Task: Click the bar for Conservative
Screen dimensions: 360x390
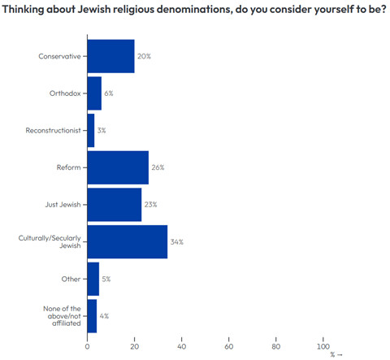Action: pos(110,56)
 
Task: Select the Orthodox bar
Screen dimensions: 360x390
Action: pos(94,93)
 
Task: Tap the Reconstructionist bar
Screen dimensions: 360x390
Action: pos(91,130)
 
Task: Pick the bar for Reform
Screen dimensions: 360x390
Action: pos(118,167)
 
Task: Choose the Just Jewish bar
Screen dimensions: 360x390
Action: pos(114,205)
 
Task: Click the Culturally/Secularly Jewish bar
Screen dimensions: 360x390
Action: pos(127,242)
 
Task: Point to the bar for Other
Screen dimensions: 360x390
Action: pos(93,279)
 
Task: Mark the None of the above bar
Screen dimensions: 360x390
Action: pos(92,316)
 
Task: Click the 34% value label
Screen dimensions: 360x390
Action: pos(176,242)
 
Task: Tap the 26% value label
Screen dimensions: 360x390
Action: pos(158,167)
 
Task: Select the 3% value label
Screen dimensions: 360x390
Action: pos(102,130)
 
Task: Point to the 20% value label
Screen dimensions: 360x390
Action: pos(144,56)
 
